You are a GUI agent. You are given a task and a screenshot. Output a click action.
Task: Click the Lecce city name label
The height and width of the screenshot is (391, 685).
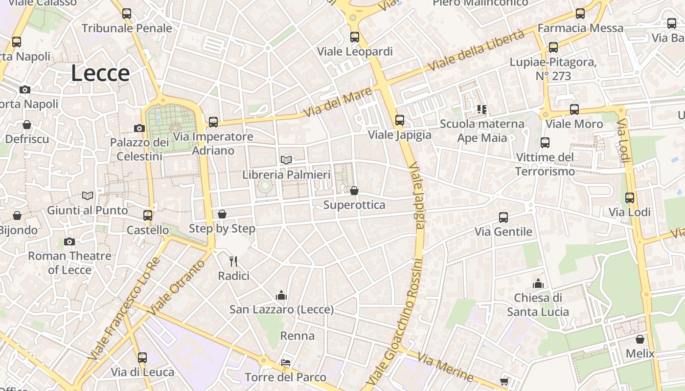pos(100,73)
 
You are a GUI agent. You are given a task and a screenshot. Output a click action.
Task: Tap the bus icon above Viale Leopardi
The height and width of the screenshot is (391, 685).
pos(355,37)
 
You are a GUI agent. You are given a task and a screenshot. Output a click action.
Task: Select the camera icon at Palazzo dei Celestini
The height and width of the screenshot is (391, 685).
pos(139,128)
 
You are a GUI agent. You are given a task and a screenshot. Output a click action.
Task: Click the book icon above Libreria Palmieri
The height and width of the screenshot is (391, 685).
pos(286,160)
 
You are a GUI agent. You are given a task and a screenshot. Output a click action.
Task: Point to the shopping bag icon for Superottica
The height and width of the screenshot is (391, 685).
pos(354,191)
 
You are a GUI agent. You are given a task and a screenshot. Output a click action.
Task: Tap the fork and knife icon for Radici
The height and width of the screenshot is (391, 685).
pos(233,261)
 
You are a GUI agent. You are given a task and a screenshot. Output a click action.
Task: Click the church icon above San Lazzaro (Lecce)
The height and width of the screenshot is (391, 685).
pos(281,295)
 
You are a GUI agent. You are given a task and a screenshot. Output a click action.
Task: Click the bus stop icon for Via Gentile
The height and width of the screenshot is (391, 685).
pos(503,217)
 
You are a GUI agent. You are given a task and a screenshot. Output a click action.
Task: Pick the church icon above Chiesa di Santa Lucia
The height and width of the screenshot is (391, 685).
pos(538,283)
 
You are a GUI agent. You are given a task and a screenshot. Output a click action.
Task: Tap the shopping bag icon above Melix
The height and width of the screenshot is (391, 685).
pos(640,339)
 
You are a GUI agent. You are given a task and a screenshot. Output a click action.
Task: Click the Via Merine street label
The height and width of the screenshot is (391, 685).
pos(445,367)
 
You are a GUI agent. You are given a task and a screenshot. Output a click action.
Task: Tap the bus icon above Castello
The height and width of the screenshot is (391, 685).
pos(148,216)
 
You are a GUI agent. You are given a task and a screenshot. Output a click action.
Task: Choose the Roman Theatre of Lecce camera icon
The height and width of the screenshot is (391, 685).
pos(69,241)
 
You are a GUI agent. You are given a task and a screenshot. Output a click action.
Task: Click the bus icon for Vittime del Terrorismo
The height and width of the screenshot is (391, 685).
pos(545,143)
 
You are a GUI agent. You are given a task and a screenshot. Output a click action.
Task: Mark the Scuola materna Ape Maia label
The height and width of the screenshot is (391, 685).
pos(482,131)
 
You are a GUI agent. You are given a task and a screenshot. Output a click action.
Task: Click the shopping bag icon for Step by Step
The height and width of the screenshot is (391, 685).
pos(222,214)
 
